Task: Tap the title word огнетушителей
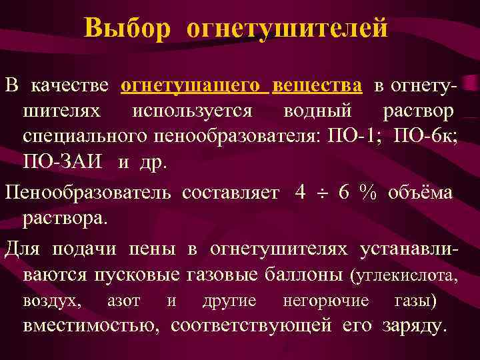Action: (287, 28)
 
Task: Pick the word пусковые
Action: (139, 275)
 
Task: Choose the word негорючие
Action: (326, 301)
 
